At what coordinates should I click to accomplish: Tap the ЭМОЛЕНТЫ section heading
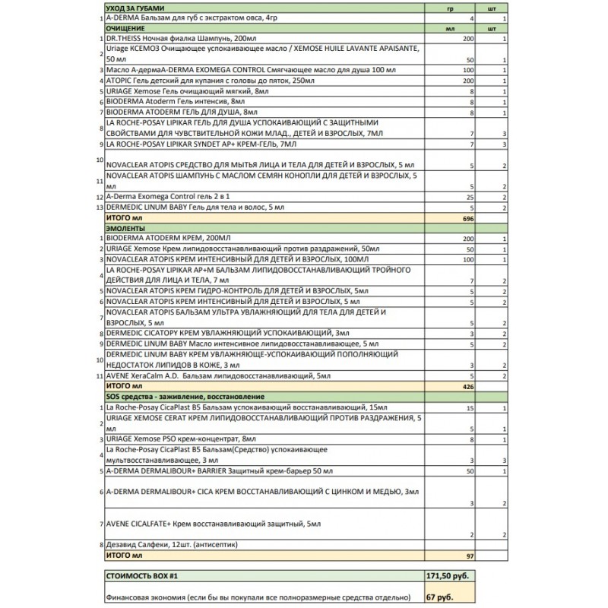point(125,227)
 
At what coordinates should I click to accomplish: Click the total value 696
point(467,217)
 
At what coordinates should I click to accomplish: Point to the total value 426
point(467,386)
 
